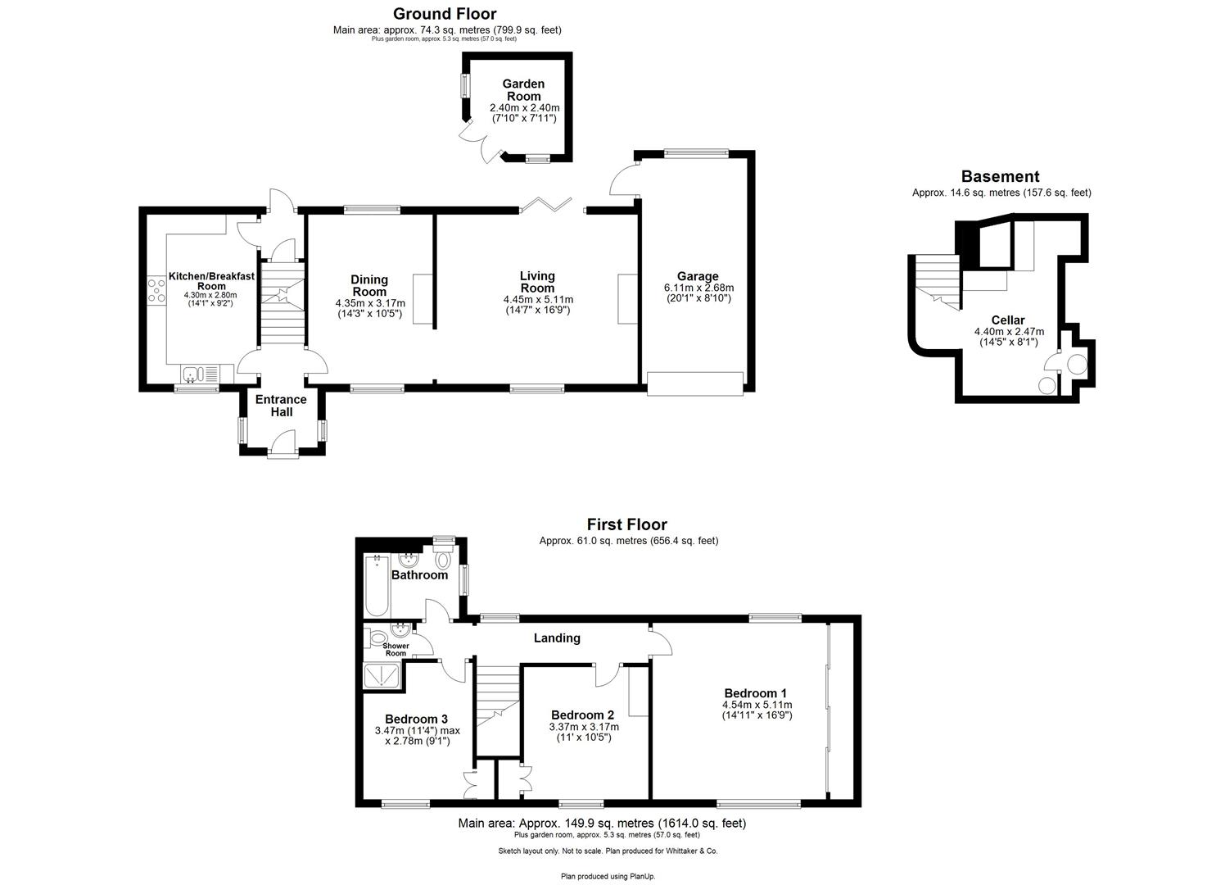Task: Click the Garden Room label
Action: click(x=522, y=90)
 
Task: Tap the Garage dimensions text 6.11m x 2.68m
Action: click(x=698, y=288)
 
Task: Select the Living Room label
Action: click(x=537, y=282)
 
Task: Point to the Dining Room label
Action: click(x=369, y=286)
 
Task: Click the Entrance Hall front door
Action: click(x=282, y=450)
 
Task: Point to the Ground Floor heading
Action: click(x=445, y=14)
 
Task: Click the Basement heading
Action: click(x=1000, y=176)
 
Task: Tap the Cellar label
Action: click(x=1007, y=320)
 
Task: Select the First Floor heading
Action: click(x=626, y=524)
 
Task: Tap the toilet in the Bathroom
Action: click(x=443, y=560)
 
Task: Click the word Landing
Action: click(x=557, y=638)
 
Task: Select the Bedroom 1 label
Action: click(x=756, y=692)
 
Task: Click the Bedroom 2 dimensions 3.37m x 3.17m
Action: click(x=584, y=726)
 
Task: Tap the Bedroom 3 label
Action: click(x=416, y=719)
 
